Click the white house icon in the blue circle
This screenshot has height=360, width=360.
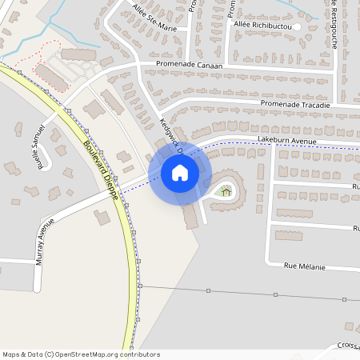(x=179, y=172)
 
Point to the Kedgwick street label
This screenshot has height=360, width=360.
(x=172, y=136)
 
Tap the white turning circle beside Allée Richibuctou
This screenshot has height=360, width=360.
(x=297, y=26)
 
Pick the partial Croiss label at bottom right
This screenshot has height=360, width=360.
(x=347, y=346)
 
